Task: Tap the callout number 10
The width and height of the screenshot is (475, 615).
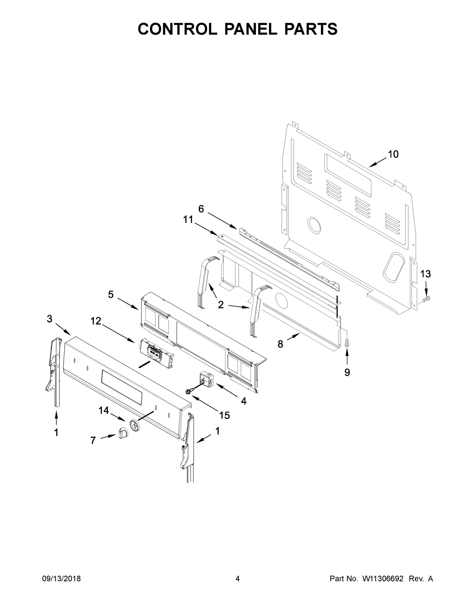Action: [x=393, y=154]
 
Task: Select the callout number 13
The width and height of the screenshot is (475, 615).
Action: [x=426, y=274]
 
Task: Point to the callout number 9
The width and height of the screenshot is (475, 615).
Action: [x=347, y=372]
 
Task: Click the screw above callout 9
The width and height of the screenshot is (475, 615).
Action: [x=347, y=342]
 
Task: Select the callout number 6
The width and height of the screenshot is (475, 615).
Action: [x=201, y=209]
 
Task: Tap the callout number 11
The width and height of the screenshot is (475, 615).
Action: [x=188, y=219]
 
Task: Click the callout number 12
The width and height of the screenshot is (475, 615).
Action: [x=96, y=321]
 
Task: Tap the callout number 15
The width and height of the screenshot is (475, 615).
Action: [x=225, y=415]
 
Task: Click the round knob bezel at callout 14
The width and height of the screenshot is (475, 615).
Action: [x=135, y=425]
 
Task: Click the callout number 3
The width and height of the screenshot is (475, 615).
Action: [x=49, y=319]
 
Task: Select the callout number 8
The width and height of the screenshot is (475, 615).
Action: [x=280, y=344]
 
